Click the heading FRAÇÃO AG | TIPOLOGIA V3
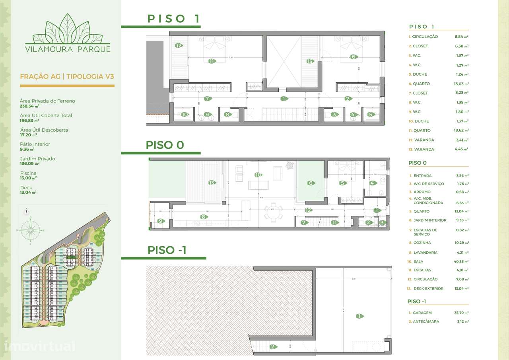pos(67,76)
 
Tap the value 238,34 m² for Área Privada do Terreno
pos(29,106)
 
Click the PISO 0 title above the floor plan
pos(165,145)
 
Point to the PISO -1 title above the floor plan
pos(167,250)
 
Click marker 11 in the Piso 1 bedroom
pos(212,61)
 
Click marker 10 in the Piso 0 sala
pos(258,175)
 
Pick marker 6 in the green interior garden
pos(311,183)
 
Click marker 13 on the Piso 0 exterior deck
pos(212,183)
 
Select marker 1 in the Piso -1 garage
pos(359,316)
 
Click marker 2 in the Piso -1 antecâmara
pos(273,346)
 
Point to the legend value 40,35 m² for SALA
pos(461,262)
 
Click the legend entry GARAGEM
pos(422,313)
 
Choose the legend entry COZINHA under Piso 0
pos(422,243)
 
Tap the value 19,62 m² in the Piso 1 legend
pos(462,130)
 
